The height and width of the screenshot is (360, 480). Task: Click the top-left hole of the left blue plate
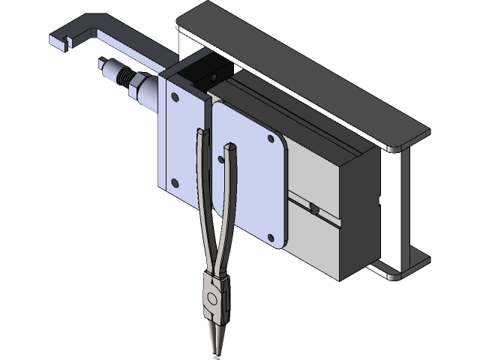tap(175, 97)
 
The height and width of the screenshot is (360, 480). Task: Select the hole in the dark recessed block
tap(214, 76)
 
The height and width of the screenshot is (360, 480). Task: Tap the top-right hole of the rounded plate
tap(271, 138)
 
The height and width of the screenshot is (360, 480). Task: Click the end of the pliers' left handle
tap(198, 133)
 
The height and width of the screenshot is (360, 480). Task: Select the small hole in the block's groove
tap(313, 208)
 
